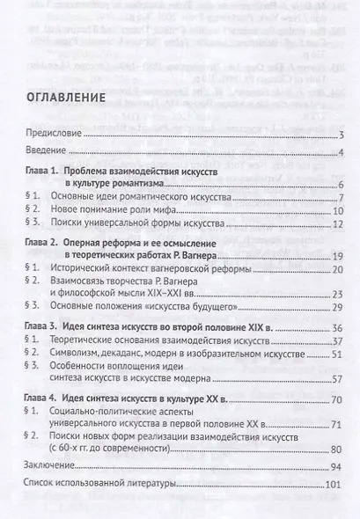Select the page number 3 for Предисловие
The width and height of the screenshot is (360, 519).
coord(339,135)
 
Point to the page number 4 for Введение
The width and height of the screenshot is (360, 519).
coord(339,153)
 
